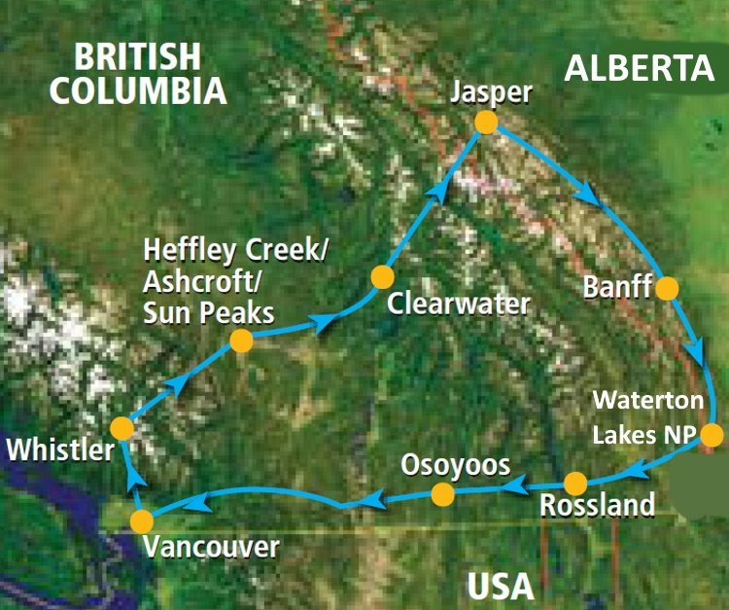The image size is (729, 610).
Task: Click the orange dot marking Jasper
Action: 486,123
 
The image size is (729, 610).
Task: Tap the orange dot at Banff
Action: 667,288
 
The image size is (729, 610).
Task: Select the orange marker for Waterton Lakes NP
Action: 712,435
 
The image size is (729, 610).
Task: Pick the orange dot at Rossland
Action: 575,483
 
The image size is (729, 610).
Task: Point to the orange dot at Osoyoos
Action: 442,495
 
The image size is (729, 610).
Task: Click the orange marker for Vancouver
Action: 142,520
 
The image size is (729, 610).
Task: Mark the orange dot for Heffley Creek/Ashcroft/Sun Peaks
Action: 241,341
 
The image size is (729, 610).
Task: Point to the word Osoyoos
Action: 456,465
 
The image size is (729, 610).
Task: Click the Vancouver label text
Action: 210,547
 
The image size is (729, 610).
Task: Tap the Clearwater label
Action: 459,304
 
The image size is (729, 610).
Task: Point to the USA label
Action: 501,586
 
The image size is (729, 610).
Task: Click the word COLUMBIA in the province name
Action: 139,90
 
